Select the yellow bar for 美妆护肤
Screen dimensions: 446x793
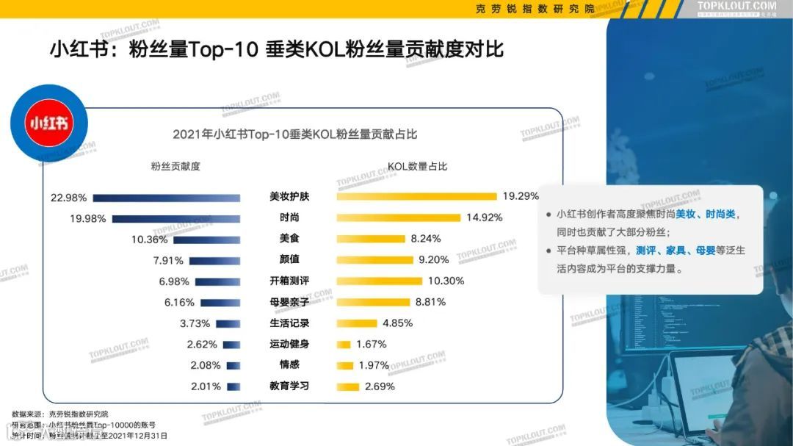coord(416,196)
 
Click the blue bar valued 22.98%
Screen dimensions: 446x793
coord(166,198)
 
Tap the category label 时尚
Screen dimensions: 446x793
coord(289,217)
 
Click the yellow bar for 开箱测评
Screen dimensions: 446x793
coord(379,281)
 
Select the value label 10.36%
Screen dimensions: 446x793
coord(150,240)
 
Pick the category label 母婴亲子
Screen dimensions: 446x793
coord(289,302)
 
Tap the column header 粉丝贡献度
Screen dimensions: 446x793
coord(175,166)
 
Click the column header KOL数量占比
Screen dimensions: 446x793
coord(418,166)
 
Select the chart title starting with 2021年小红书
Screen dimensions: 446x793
coord(294,134)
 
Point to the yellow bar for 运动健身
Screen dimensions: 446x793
coord(343,345)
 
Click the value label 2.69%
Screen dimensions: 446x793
coord(380,386)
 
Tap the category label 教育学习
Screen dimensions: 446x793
coord(289,386)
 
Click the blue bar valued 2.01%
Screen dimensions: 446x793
coord(233,386)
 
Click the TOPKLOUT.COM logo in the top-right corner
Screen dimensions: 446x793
coord(736,7)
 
